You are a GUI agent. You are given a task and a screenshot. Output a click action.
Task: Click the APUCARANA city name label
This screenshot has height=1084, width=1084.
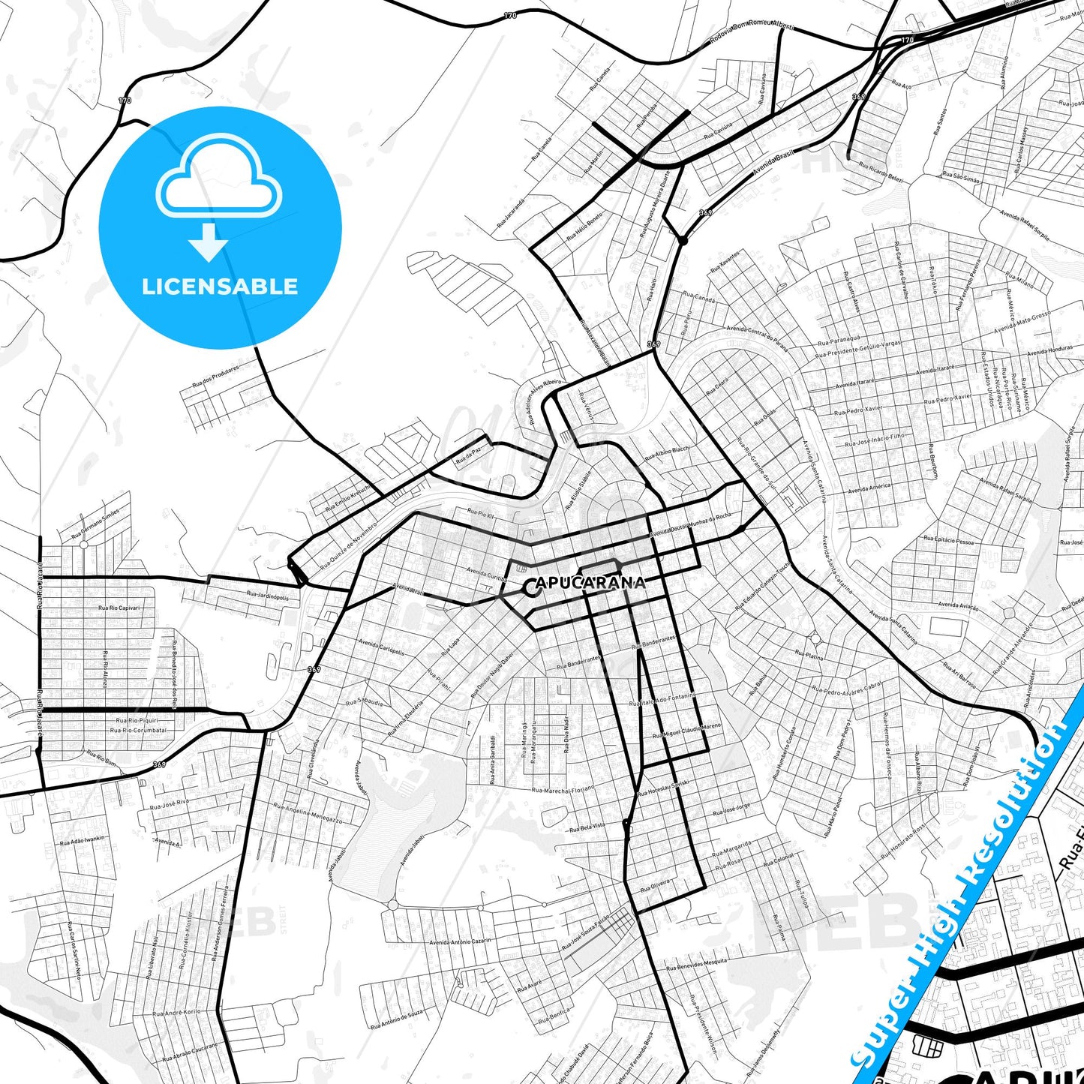pyautogui.click(x=590, y=583)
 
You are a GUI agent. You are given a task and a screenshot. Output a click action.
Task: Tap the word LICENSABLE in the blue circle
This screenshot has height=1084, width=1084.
pyautogui.click(x=220, y=287)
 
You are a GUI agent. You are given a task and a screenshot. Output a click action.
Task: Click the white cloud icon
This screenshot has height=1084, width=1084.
pyautogui.click(x=218, y=177)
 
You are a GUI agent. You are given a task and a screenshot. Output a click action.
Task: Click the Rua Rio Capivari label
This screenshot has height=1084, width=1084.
pyautogui.click(x=119, y=608)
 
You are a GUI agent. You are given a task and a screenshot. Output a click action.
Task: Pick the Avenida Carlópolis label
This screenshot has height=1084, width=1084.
pyautogui.click(x=382, y=647)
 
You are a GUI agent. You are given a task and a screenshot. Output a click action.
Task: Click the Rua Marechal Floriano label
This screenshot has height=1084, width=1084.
pyautogui.click(x=563, y=789)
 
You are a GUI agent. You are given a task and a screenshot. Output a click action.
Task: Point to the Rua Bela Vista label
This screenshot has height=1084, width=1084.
pyautogui.click(x=587, y=827)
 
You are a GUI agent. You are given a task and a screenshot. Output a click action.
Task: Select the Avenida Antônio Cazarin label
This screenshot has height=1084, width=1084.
pyautogui.click(x=460, y=942)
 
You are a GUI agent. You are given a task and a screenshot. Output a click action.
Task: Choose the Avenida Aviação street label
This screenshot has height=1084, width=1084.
pyautogui.click(x=958, y=605)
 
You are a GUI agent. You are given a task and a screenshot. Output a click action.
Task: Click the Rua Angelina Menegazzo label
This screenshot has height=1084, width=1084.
pyautogui.click(x=308, y=814)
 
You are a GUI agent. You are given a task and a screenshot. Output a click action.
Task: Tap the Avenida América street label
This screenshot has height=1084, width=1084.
pyautogui.click(x=869, y=488)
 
